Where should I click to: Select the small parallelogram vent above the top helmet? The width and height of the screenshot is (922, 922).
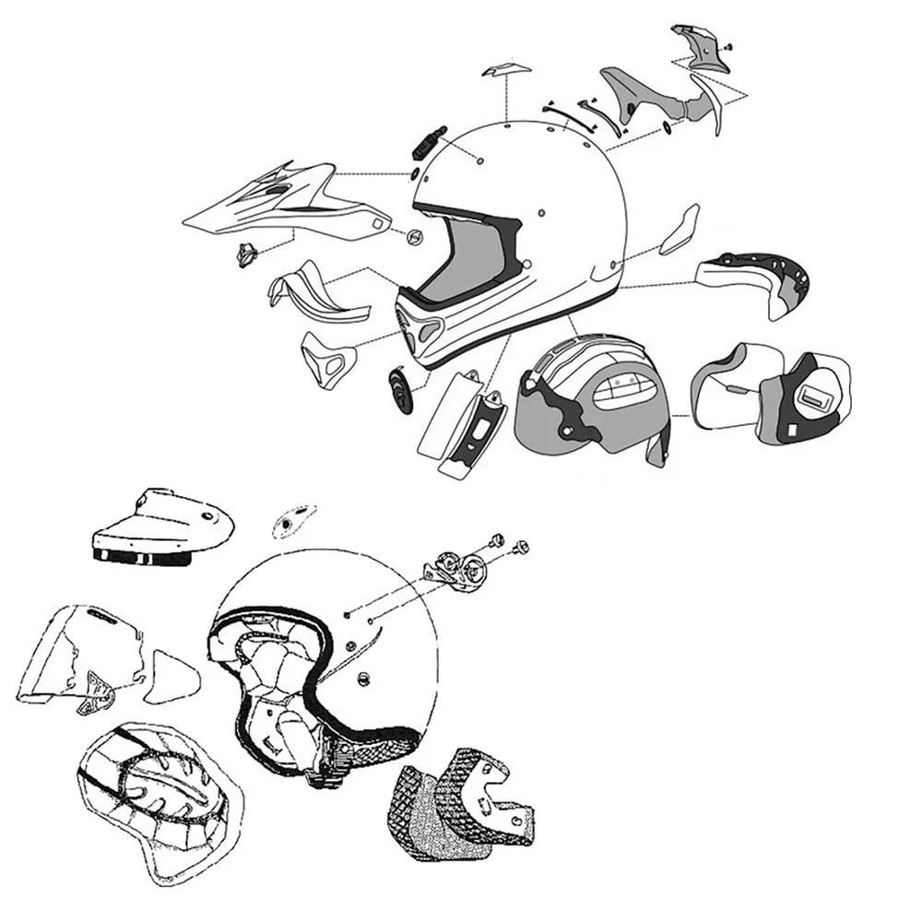(x=506, y=71)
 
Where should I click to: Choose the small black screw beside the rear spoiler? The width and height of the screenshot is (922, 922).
(x=728, y=43)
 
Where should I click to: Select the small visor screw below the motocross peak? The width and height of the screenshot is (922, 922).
(x=246, y=253)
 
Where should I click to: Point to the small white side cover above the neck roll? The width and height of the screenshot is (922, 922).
(x=680, y=230)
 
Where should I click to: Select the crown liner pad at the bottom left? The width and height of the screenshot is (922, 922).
(x=157, y=798)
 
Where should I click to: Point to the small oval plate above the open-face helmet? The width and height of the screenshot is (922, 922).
(x=294, y=522)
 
